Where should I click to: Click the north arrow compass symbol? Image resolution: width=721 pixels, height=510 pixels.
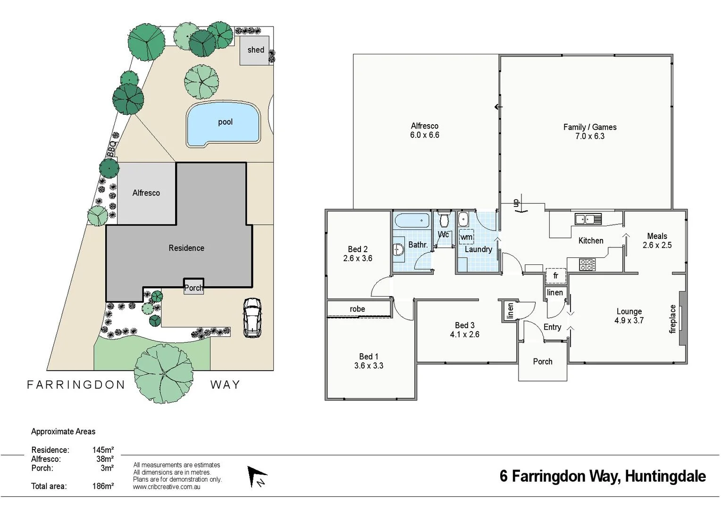(257, 476)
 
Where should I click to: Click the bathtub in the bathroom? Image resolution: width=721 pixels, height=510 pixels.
(411, 221)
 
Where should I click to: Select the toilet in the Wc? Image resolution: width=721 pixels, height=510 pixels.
(444, 220)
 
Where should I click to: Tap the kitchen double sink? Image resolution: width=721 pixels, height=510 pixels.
(587, 219)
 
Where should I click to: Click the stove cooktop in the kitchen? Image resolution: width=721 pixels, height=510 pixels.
(587, 264)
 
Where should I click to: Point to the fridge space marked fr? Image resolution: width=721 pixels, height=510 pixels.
(555, 275)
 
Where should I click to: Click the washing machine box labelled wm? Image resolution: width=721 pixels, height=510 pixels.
(466, 237)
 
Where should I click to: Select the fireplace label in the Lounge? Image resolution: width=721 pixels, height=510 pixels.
(673, 319)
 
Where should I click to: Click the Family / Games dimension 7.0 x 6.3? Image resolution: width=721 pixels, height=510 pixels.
(589, 136)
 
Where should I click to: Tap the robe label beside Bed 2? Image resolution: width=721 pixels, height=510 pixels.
(357, 309)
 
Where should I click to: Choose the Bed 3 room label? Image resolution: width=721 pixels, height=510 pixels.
(464, 325)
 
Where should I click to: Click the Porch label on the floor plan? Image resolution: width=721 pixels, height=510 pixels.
(542, 361)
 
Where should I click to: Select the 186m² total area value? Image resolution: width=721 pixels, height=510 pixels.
(103, 486)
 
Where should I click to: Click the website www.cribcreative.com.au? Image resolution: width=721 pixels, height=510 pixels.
(167, 487)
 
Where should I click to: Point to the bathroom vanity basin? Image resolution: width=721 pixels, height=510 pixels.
(398, 249)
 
